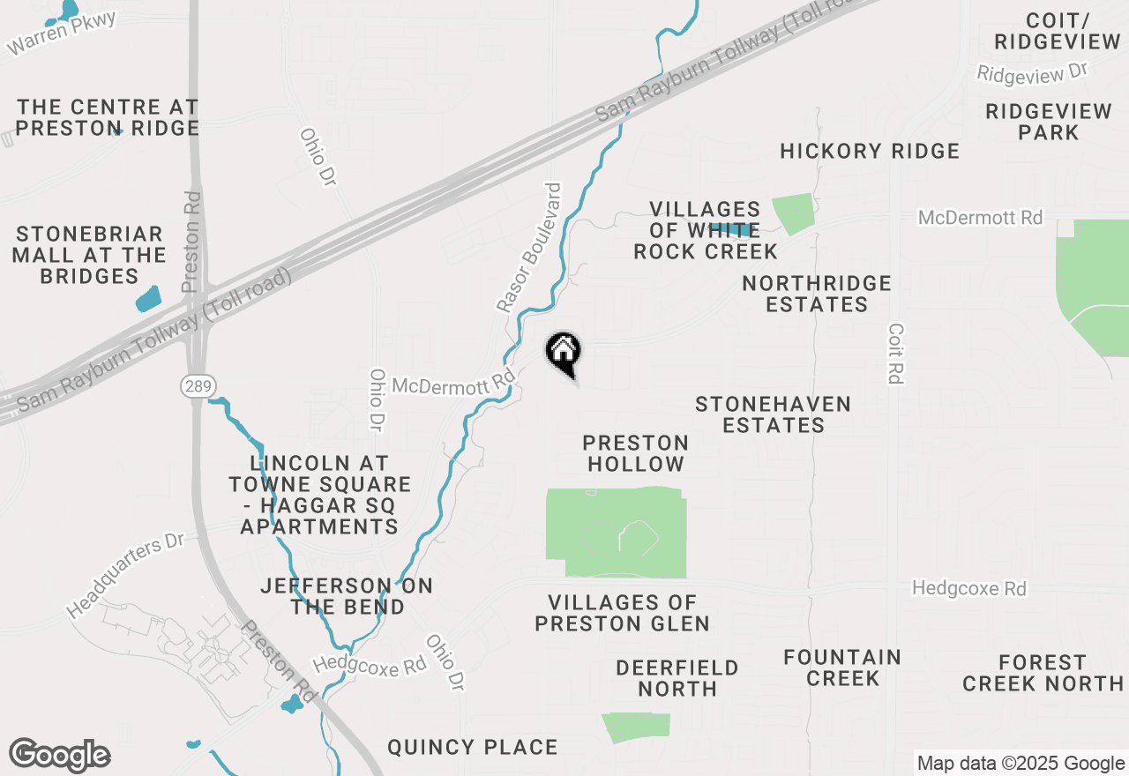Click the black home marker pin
(564, 353)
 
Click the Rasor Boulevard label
(528, 248)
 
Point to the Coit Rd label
(896, 352)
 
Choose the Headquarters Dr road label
(124, 575)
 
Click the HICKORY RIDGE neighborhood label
(870, 151)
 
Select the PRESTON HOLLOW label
(636, 453)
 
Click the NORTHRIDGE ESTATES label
(817, 294)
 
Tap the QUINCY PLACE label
(473, 748)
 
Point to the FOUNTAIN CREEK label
(843, 668)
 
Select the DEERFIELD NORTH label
(677, 678)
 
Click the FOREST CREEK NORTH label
(1043, 673)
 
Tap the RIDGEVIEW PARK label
(1049, 122)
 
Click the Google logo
(59, 756)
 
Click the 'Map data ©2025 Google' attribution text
(1021, 764)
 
